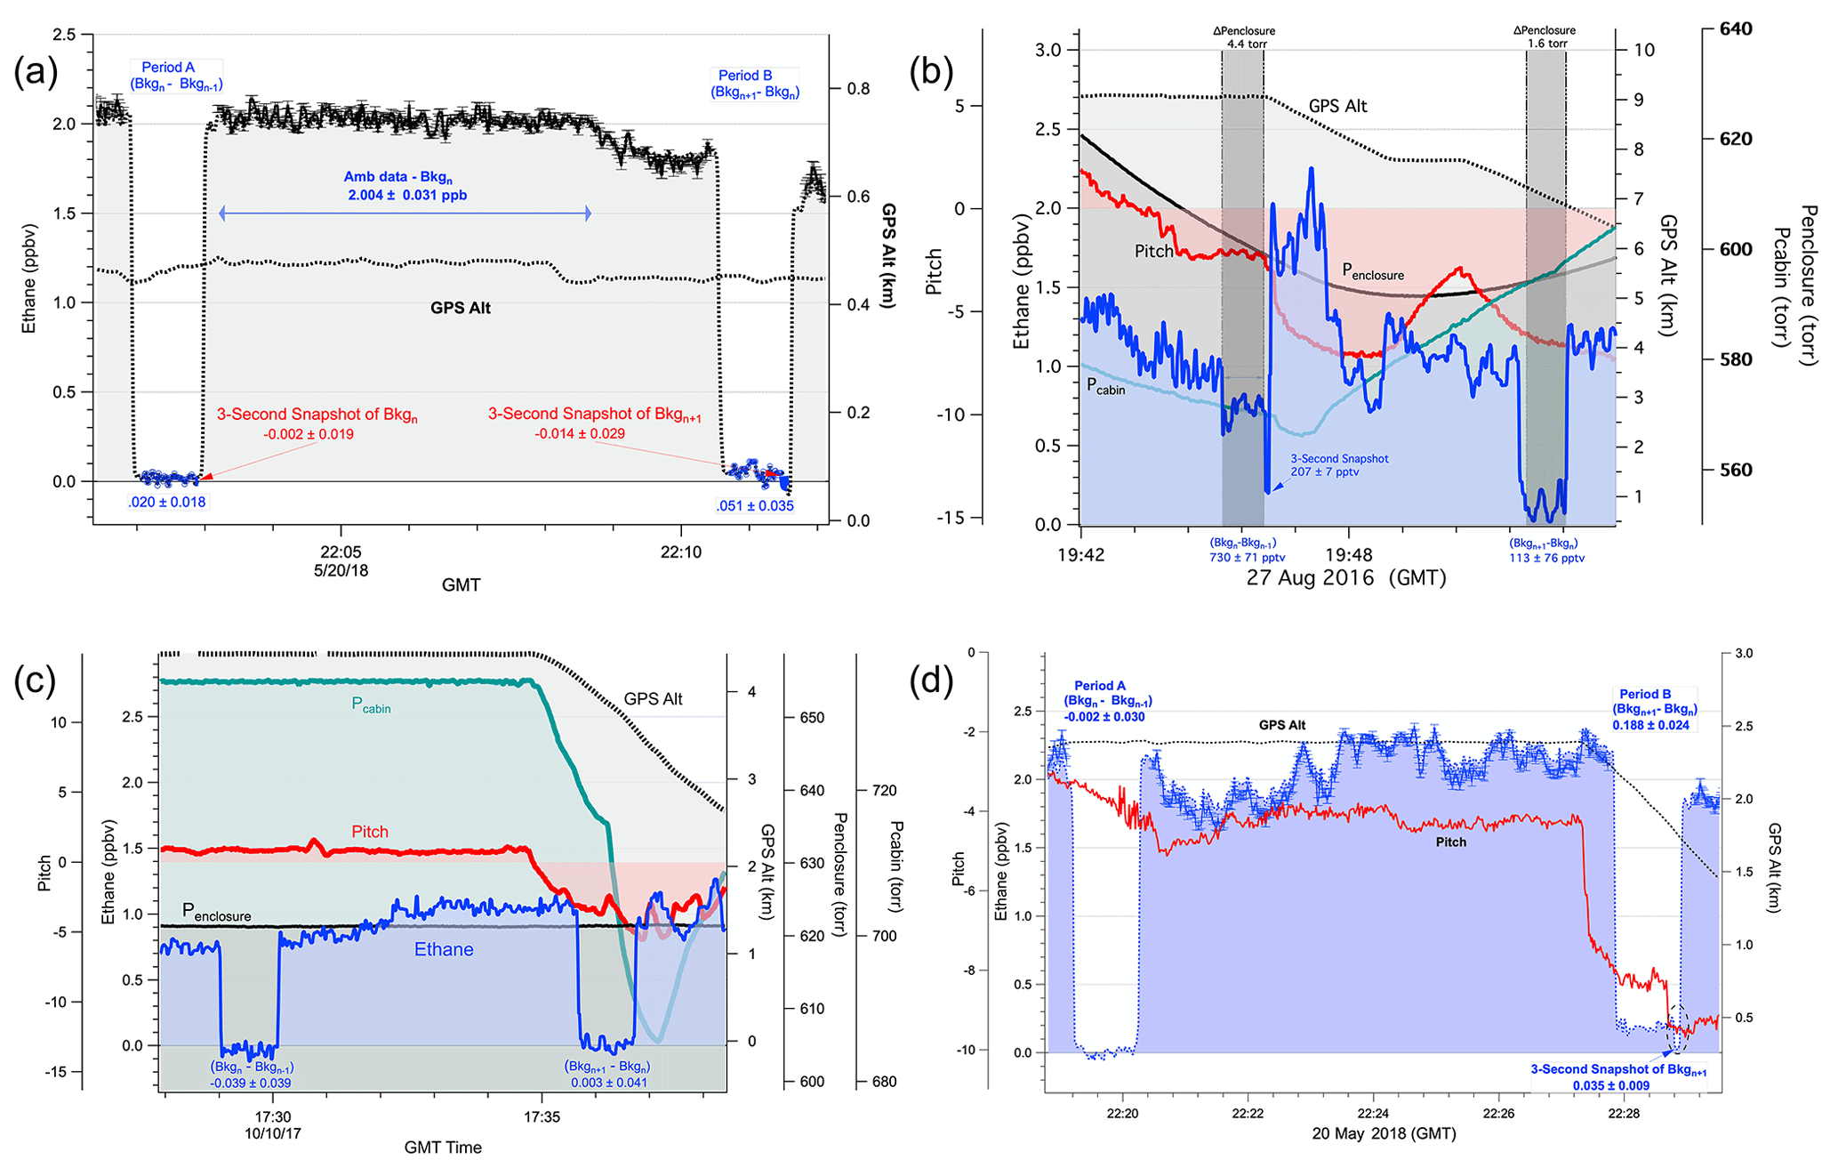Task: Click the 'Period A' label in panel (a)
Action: click(168, 68)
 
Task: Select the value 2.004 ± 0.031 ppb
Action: click(406, 195)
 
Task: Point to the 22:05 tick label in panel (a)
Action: click(341, 552)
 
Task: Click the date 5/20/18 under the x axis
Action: click(341, 571)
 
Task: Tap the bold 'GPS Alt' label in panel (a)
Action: click(460, 308)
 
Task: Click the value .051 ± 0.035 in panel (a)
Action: click(755, 506)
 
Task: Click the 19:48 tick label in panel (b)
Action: click(1349, 555)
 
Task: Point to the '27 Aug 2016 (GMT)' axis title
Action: click(1345, 578)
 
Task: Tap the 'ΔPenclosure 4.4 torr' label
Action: click(1244, 37)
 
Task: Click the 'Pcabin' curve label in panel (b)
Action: click(1105, 386)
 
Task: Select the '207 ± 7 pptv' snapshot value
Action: click(1325, 471)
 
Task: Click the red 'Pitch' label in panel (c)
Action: click(370, 832)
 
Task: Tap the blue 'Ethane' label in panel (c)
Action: click(444, 950)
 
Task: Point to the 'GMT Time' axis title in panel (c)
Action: click(443, 1148)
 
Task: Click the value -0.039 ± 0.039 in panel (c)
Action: click(251, 1083)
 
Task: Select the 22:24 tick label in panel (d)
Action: click(1373, 1114)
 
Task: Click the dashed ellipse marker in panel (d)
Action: click(1677, 1029)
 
